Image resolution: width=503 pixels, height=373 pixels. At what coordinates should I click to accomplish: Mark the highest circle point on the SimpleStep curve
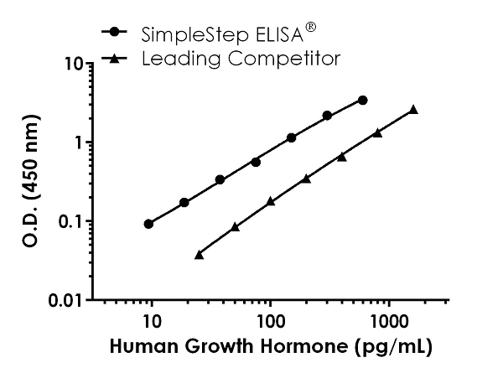tap(362, 100)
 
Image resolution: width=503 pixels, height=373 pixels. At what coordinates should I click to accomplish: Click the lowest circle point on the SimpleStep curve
tap(148, 224)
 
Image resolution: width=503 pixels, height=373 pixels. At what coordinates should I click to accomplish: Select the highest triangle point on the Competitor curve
tap(413, 110)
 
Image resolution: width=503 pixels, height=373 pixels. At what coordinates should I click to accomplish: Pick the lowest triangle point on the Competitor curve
tap(199, 254)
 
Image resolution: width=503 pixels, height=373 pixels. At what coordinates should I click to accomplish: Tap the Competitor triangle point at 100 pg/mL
tap(270, 202)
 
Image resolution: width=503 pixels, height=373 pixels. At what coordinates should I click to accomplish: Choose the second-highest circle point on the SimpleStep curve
tap(327, 116)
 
